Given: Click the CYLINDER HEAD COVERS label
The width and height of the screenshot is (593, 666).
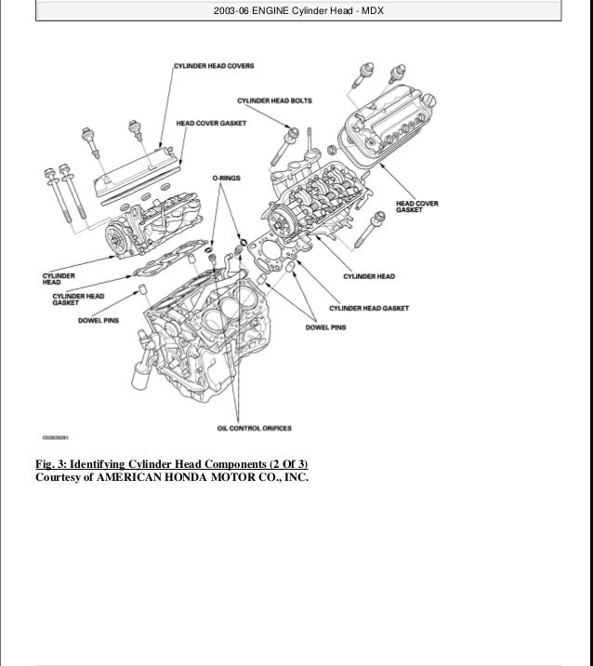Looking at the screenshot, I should [214, 66].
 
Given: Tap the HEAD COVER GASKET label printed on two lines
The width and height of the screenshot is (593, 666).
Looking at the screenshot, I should [417, 206].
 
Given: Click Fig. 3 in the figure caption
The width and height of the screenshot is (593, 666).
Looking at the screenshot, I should [56, 464].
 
